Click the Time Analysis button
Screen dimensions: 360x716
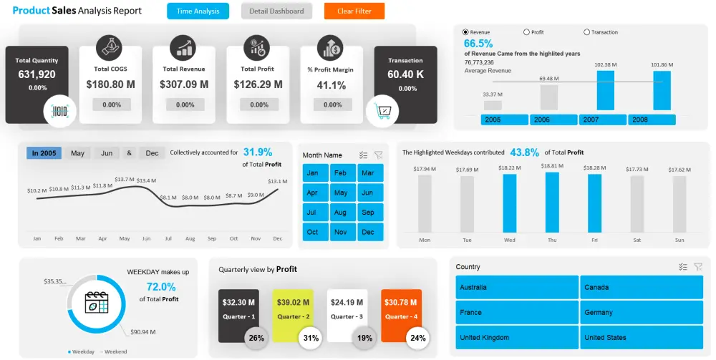[x=198, y=11]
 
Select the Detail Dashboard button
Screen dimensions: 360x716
[x=276, y=11]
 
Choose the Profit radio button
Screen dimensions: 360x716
[x=527, y=32]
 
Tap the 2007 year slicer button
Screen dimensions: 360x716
[x=602, y=120]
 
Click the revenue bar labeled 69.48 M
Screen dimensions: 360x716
[x=549, y=97]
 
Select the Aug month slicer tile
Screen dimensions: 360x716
[x=341, y=213]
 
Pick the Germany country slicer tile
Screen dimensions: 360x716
[x=642, y=312]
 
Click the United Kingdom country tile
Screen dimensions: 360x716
[x=516, y=337]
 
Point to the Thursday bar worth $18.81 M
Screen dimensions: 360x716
[x=552, y=202]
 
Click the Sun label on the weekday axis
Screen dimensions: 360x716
[x=679, y=240]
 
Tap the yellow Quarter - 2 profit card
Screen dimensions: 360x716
[x=293, y=308]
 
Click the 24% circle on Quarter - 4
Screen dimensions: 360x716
[x=418, y=338]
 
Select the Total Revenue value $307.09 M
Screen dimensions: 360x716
[x=185, y=84]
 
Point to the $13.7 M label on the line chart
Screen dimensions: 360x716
[x=124, y=180]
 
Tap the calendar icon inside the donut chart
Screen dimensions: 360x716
[x=96, y=304]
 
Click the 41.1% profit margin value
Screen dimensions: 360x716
[x=332, y=85]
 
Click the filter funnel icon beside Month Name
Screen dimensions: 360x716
[x=378, y=155]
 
